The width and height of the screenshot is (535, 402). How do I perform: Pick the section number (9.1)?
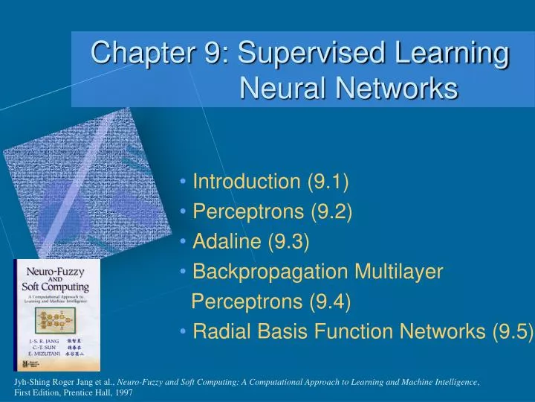(x=327, y=181)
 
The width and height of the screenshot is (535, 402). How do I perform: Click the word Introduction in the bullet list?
(x=245, y=181)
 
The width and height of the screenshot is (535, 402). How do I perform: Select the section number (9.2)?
(x=331, y=211)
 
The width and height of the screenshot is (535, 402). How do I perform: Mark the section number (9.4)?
(x=329, y=301)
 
